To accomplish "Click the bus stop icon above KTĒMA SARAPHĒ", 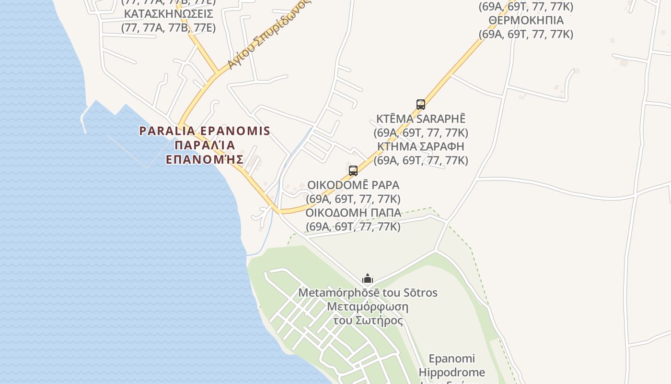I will [420, 104].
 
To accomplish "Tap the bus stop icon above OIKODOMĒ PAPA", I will [353, 170].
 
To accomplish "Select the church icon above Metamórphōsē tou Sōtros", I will [368, 278].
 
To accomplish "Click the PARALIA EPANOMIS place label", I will [205, 131].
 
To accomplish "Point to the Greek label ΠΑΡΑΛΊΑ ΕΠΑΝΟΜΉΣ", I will [205, 152].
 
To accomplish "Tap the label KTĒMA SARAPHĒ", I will [420, 119].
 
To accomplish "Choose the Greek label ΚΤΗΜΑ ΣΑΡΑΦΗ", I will [420, 146].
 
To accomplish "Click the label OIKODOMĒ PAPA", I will [353, 185].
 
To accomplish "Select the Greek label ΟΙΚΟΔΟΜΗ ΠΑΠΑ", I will [353, 213].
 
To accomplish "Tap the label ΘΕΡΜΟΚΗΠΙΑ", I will [526, 20].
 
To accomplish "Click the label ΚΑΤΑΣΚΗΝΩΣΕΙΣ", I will [168, 13].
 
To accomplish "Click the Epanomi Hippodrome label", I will [451, 365].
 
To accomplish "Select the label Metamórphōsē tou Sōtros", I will [368, 292].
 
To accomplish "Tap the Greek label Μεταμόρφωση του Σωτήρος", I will [368, 313].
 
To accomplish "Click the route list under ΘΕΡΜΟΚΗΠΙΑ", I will [526, 34].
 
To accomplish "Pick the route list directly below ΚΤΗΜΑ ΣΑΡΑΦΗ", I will [420, 160].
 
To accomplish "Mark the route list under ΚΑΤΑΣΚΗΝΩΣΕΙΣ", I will [168, 27].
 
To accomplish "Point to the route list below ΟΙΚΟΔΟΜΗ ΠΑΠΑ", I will [353, 227].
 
